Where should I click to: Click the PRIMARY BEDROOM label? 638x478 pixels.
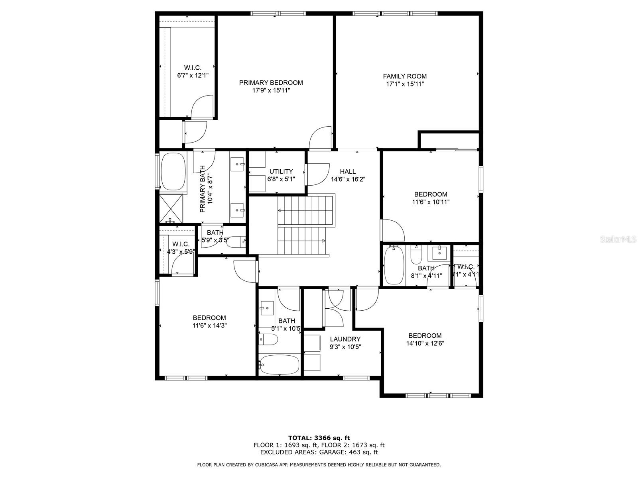tap(271, 82)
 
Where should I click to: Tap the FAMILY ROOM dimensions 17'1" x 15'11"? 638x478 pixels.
tap(405, 84)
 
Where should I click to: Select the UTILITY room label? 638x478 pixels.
tap(281, 171)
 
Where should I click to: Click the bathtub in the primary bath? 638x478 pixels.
tap(173, 171)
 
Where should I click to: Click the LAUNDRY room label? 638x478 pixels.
tap(345, 339)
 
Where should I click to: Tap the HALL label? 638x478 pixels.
tap(348, 171)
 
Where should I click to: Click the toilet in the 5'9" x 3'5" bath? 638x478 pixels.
tap(236, 242)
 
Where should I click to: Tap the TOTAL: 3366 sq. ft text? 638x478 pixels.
tap(319, 438)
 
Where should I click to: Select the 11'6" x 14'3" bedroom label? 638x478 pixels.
tap(209, 317)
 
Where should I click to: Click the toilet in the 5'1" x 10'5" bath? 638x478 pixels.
tap(269, 339)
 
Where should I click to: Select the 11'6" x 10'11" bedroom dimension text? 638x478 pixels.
tap(431, 202)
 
